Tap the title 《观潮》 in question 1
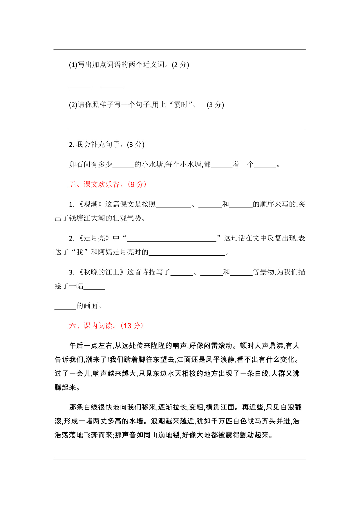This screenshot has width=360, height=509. [91, 204]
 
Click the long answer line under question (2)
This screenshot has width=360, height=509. [187, 126]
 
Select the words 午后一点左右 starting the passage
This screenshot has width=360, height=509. [91, 346]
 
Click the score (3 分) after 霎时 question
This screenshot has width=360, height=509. [215, 104]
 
